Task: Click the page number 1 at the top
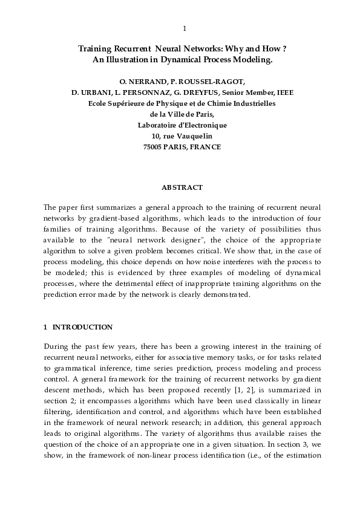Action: pos(184,28)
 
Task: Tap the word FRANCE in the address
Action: pos(205,147)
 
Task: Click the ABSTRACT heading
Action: pos(182,188)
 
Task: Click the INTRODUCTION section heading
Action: pos(82,327)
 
